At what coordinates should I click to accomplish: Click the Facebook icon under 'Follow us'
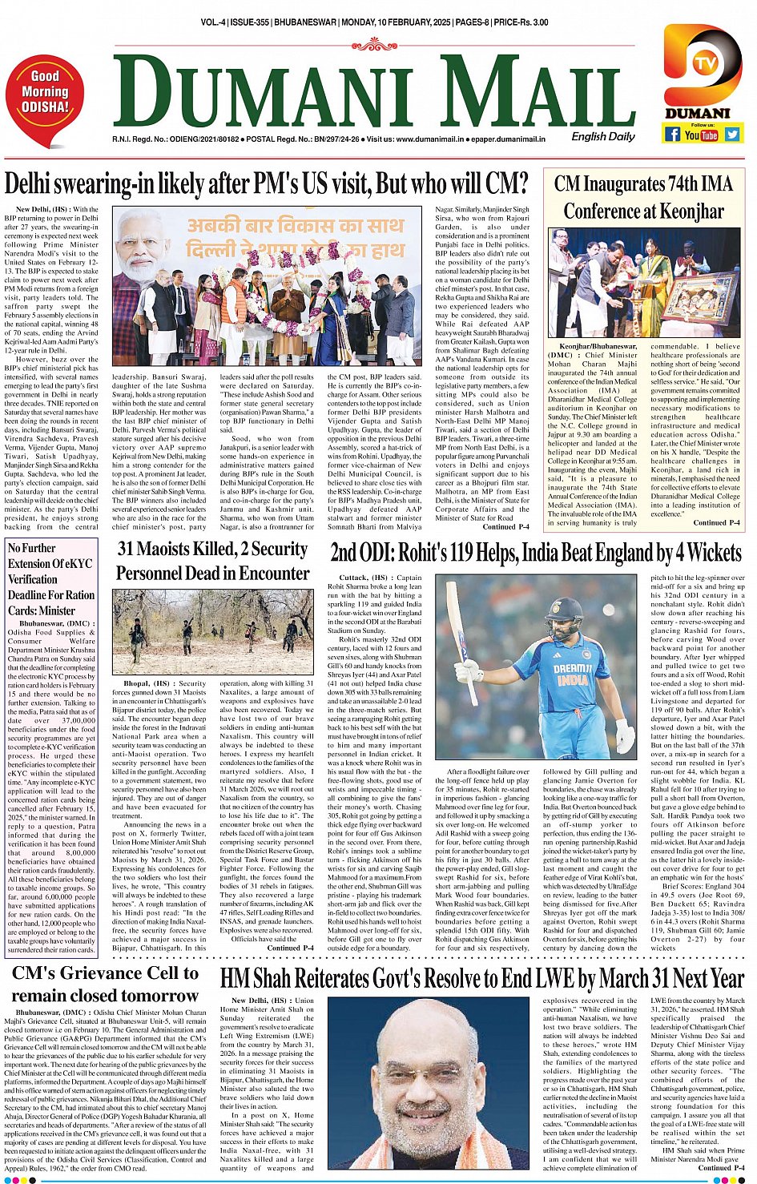pos(672,135)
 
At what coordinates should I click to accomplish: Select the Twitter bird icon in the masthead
pos(731,135)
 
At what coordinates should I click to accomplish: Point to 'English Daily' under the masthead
pos(602,136)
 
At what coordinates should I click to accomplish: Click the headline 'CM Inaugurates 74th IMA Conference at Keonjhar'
pos(643,197)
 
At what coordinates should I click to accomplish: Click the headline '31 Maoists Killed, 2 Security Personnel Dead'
pos(213,561)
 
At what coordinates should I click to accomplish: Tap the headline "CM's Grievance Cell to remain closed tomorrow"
pos(105,985)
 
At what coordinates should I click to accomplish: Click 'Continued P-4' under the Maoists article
pos(290,948)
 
